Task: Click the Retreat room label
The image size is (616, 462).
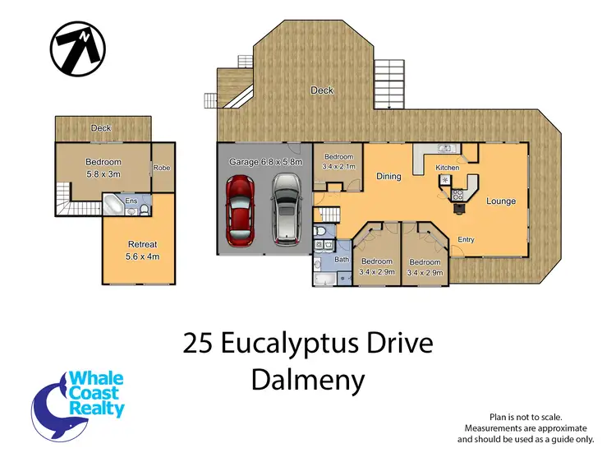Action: tap(142, 244)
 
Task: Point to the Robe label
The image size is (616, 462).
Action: tap(161, 168)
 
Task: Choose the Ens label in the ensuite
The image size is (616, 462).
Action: tap(131, 200)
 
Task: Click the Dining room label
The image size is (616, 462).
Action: tap(388, 176)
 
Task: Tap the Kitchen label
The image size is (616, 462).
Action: tap(447, 168)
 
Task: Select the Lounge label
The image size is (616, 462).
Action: tap(500, 201)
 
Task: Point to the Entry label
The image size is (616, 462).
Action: tap(466, 239)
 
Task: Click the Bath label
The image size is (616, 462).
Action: tap(342, 260)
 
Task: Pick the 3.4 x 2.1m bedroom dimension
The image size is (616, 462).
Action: tap(338, 167)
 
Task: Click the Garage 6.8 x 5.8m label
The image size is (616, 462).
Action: tap(265, 162)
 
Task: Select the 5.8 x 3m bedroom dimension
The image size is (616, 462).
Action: tap(103, 173)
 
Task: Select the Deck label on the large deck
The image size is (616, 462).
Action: tap(322, 90)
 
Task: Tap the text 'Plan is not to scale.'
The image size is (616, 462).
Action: tap(525, 418)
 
